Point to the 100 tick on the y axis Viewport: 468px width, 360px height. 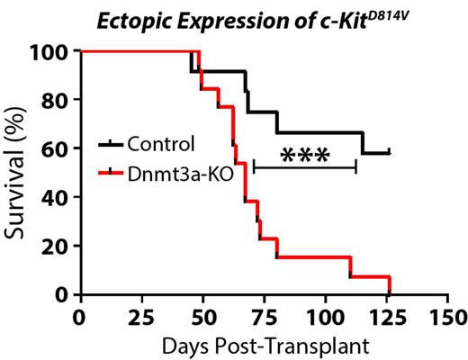[x=56, y=51]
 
